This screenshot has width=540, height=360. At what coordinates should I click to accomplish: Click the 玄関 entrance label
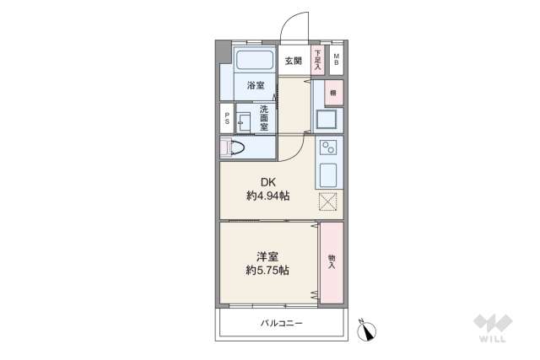point(293,61)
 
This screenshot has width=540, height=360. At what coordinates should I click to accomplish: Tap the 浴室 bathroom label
point(255,86)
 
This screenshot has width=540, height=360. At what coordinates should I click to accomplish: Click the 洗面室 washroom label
point(264,117)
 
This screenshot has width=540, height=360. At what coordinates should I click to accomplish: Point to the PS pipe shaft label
point(226,120)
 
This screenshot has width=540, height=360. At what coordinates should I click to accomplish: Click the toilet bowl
point(234,148)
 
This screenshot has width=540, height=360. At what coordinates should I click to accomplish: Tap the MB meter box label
point(336,61)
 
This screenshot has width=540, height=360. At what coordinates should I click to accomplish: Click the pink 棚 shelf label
point(333,93)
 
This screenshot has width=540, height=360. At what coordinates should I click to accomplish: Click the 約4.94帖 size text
point(268,196)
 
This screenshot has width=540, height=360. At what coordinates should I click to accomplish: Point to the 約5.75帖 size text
point(268,271)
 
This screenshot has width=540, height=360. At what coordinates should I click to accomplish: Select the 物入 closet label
point(332,263)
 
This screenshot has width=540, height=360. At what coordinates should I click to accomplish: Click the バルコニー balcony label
point(281,324)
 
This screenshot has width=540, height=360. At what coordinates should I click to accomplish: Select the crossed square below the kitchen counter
point(328,202)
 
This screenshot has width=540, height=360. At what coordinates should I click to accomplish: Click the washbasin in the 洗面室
point(244,120)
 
